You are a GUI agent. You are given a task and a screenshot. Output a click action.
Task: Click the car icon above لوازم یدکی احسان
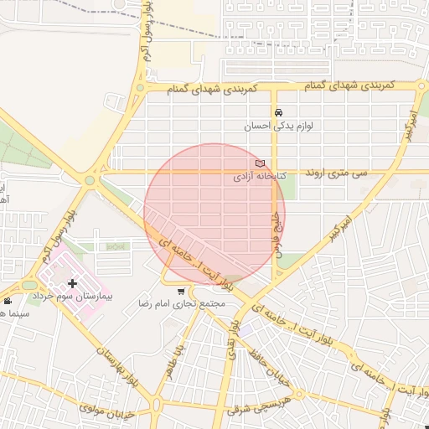(278, 113)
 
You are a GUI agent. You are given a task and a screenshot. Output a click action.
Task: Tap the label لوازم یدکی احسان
(278, 127)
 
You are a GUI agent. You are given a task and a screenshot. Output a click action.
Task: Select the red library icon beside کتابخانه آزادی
(259, 163)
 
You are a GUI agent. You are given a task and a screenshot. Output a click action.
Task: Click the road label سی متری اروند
(337, 173)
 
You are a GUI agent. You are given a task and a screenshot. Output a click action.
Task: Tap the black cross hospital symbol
(72, 283)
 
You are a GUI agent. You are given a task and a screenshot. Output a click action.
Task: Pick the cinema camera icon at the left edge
(8, 301)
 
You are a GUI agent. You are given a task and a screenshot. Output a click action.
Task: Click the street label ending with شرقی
(256, 410)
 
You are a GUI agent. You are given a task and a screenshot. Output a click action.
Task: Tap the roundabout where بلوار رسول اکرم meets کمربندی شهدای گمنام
(140, 87)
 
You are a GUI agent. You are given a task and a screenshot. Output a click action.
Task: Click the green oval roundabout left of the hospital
(28, 285)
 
